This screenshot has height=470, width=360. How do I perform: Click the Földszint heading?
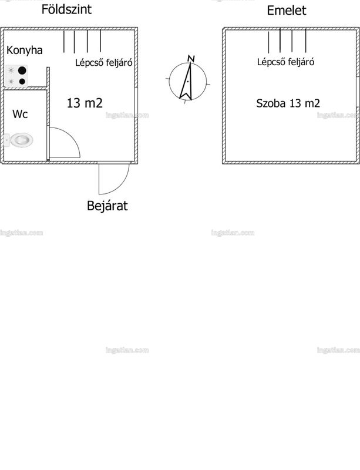66,9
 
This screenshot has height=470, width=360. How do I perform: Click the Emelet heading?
286,11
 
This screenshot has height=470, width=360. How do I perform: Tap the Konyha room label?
24,50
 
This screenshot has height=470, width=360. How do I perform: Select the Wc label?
20,114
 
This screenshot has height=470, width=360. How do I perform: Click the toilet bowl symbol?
22,140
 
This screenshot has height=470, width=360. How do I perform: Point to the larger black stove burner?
22,70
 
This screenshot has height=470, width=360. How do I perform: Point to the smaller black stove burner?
22,81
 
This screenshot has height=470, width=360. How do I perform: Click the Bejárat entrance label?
107,206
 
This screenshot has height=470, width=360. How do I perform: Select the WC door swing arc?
72,136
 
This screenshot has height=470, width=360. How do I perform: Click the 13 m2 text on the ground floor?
85,103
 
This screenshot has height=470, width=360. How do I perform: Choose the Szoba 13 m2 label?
288,103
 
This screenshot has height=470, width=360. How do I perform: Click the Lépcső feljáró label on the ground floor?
103,62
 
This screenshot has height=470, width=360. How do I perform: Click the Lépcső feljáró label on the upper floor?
285,62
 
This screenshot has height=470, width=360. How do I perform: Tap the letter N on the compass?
191,58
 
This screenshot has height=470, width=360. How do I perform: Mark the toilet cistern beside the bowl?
6,140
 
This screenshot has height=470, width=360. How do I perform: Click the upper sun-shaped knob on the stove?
11,70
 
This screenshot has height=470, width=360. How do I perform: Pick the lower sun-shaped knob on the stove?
11,81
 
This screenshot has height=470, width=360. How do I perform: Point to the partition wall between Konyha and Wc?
25,89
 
